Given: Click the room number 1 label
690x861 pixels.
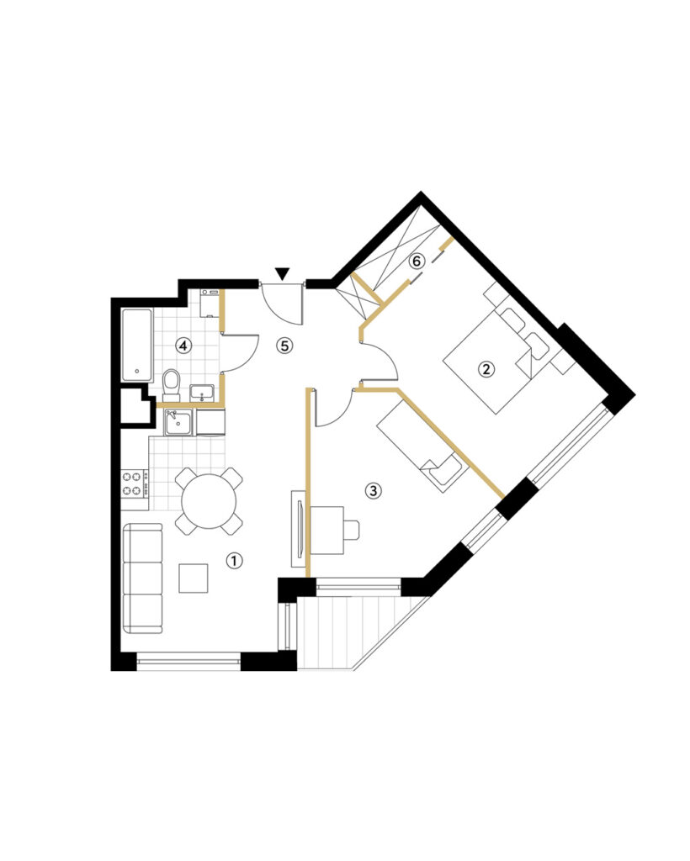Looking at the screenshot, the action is [x=234, y=561].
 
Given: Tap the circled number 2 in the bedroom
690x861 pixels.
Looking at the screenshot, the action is [x=486, y=368].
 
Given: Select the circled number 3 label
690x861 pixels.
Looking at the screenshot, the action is [x=373, y=490].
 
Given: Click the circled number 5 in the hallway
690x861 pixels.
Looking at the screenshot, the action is [x=284, y=346].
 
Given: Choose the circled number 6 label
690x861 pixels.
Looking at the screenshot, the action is [x=417, y=261].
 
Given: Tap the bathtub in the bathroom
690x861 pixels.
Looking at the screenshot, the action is [x=137, y=345].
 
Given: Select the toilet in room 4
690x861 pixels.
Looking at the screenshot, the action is [x=172, y=384].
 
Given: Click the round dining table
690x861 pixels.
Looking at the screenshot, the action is [x=209, y=501].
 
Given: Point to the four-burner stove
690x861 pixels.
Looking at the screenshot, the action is [x=135, y=483].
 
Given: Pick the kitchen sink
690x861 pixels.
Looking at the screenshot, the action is [x=178, y=422].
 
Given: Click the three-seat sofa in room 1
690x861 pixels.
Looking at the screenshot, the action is [x=142, y=578].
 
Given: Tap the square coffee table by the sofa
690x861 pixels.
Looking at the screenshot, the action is [x=194, y=578].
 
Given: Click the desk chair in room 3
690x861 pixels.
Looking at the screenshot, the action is [x=352, y=530].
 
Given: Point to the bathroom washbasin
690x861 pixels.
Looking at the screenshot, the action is [x=202, y=394].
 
